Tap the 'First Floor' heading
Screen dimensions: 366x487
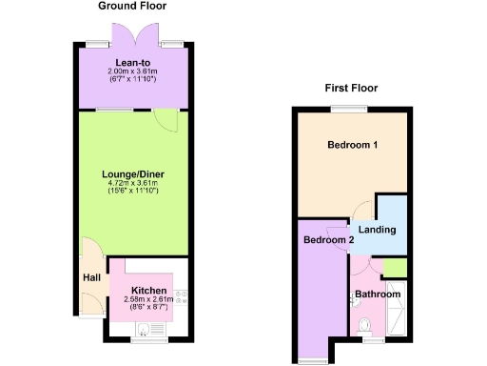coord(351,88)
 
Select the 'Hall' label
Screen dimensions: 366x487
coord(91,277)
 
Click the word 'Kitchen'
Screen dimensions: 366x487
coord(149,290)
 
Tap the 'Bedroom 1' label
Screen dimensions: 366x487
coord(353,146)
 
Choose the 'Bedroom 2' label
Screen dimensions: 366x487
coord(328,240)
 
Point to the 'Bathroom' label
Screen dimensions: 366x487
coord(378,295)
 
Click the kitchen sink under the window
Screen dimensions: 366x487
coord(144,330)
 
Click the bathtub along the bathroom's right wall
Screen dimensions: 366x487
coord(400,308)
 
